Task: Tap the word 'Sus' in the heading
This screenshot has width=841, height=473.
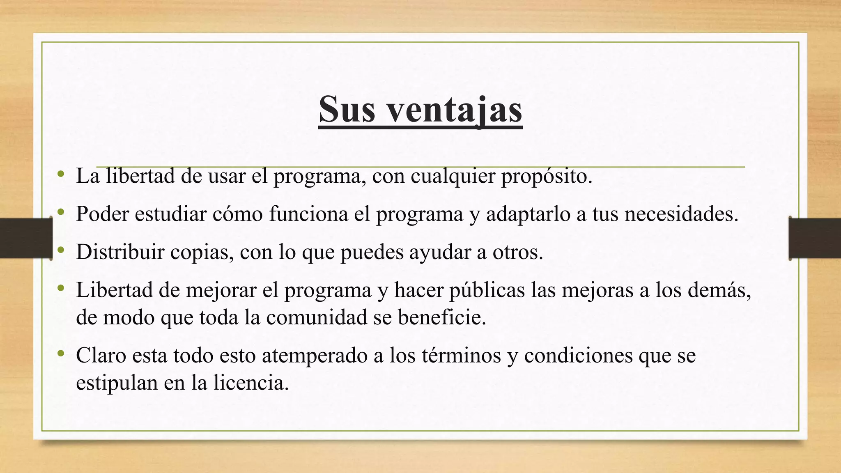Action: (x=347, y=109)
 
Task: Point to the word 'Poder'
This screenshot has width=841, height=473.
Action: (x=102, y=214)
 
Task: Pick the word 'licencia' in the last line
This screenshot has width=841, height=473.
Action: (x=250, y=383)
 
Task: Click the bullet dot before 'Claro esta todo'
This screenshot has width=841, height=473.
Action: (x=61, y=354)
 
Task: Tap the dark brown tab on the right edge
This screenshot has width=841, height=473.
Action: (x=815, y=239)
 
